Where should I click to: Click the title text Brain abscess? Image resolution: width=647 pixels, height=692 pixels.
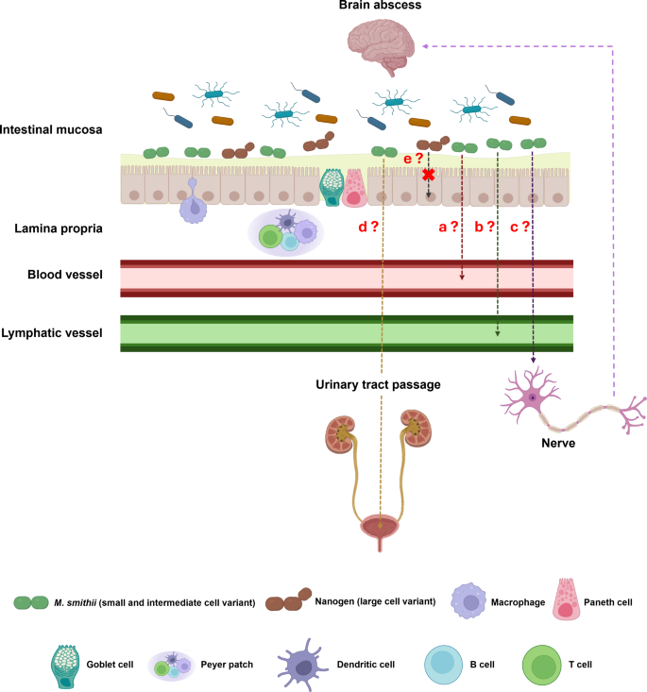381,8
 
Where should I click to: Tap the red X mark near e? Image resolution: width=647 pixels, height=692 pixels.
429,175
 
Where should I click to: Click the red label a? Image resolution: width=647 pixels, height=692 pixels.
448,227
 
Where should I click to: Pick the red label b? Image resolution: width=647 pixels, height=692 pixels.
485,227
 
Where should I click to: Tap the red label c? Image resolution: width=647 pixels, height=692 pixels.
519,227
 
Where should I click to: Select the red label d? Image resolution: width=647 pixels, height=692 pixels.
368,227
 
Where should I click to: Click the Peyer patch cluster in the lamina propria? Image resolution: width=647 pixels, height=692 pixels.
286,232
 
